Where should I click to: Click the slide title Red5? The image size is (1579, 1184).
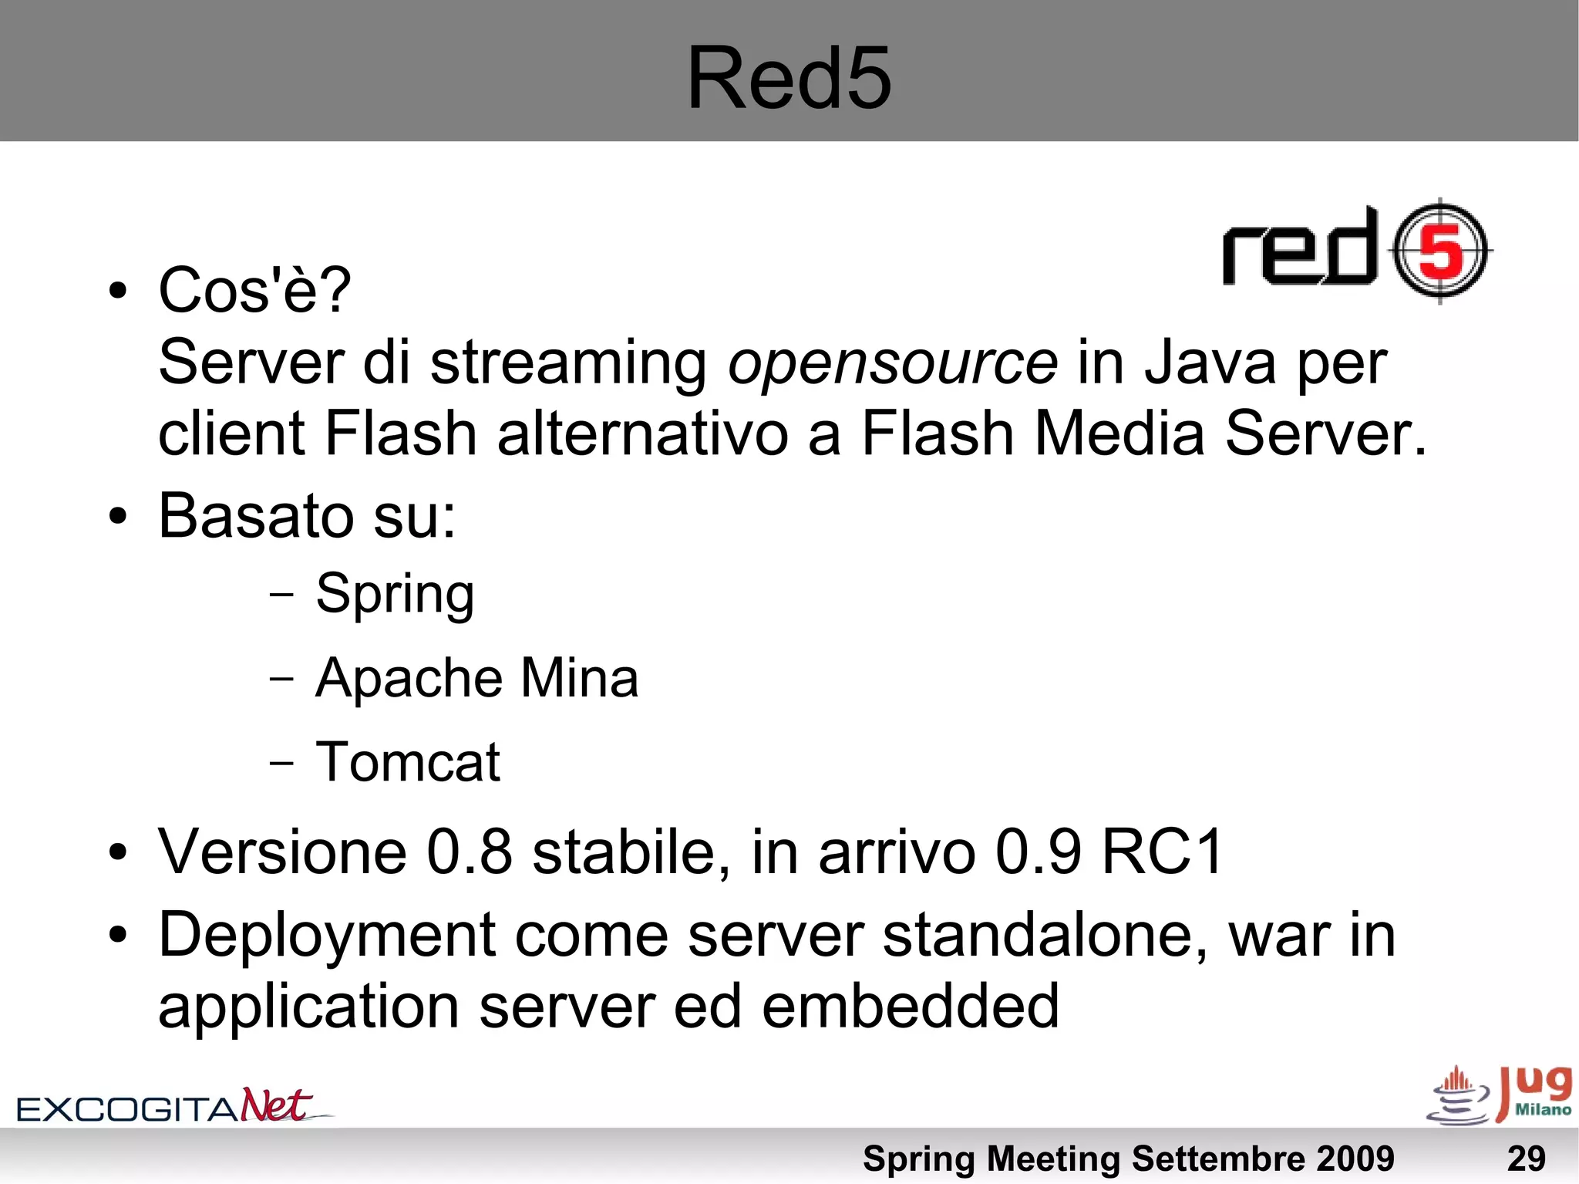789,78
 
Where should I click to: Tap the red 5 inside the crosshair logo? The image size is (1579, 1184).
1440,252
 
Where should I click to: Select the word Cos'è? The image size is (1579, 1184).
254,290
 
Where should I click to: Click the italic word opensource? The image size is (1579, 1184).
892,363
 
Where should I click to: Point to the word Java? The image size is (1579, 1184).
1210,363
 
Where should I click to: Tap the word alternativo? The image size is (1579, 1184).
643,433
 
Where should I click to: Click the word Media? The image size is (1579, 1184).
1119,433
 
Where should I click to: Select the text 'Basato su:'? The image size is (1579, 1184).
307,515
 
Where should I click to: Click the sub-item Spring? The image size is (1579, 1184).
395,594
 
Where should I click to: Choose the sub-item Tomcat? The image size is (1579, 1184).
408,762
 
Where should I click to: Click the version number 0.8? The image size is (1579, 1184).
470,852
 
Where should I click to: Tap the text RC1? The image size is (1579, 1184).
1162,852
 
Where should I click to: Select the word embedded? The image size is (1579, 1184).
911,1006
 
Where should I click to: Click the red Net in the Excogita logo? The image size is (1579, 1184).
276,1105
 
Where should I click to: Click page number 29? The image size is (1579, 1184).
1526,1159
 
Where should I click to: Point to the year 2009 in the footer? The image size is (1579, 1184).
1355,1159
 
